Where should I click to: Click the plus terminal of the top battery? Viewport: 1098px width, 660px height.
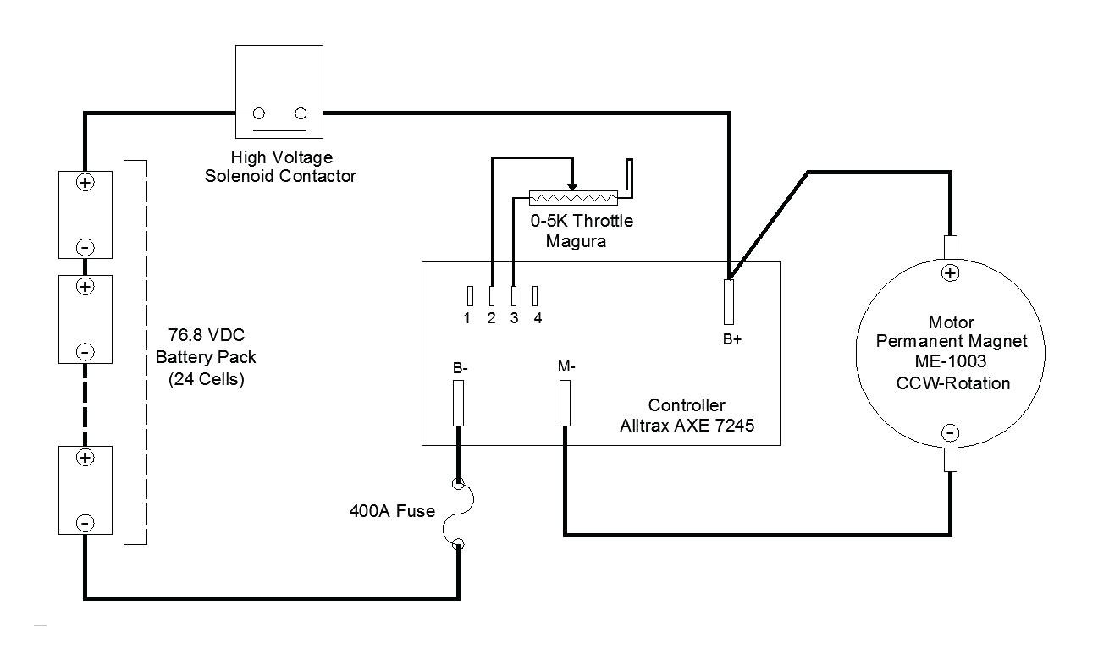click(x=86, y=183)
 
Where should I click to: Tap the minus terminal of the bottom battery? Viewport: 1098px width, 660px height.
click(x=86, y=523)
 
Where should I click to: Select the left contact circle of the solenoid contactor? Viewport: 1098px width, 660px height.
click(x=259, y=113)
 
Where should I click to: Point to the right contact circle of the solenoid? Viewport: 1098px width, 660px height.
click(x=301, y=113)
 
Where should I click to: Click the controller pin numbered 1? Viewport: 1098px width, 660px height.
click(x=470, y=296)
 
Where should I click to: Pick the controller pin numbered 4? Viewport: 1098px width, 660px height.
click(x=535, y=296)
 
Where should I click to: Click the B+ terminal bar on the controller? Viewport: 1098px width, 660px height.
click(x=729, y=302)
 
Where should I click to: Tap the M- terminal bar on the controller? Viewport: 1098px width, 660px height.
click(x=565, y=404)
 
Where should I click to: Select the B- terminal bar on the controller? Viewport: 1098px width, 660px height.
click(x=458, y=404)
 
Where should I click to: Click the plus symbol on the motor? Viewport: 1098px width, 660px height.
click(x=951, y=273)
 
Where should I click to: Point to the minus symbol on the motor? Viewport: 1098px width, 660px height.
click(x=951, y=433)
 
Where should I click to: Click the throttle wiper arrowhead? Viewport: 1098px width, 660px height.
click(x=572, y=187)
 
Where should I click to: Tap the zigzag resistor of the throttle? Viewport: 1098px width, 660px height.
click(x=573, y=198)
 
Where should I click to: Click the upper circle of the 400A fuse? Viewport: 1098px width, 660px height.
click(x=458, y=484)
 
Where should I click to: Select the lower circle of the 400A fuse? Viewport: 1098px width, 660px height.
click(x=458, y=544)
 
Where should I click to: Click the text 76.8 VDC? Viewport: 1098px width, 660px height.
click(x=207, y=335)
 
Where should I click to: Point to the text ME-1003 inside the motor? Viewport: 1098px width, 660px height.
click(x=951, y=361)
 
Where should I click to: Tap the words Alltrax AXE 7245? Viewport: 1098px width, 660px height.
click(x=687, y=426)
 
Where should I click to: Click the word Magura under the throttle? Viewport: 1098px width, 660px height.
click(x=576, y=241)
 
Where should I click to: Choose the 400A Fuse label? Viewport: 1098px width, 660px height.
click(x=392, y=511)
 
